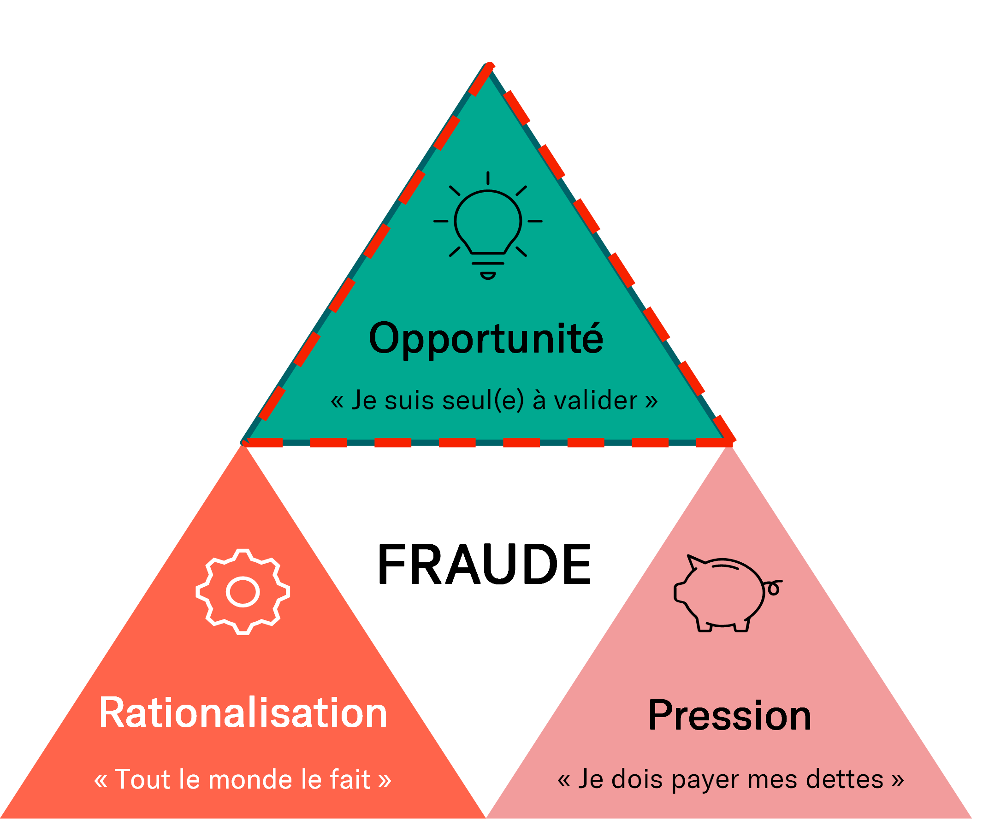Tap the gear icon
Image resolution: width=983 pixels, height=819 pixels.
pyautogui.click(x=243, y=592)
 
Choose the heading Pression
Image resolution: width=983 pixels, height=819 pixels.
pyautogui.click(x=729, y=716)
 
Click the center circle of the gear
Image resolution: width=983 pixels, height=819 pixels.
pyautogui.click(x=243, y=592)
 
